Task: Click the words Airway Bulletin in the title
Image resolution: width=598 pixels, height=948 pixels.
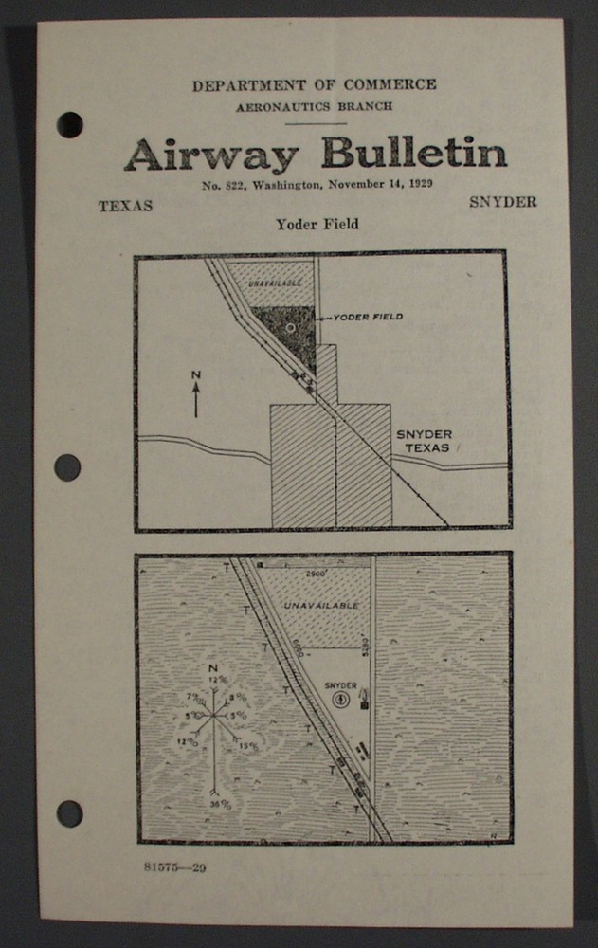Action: [x=315, y=154]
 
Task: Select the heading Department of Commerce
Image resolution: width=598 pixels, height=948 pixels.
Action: [x=315, y=85]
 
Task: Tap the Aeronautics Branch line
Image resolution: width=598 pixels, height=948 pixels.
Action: [x=315, y=107]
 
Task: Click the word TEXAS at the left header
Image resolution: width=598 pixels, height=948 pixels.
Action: [x=125, y=206]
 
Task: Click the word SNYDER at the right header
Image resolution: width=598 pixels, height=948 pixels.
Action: [x=502, y=202]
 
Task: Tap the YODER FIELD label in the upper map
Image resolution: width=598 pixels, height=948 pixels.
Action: [x=366, y=317]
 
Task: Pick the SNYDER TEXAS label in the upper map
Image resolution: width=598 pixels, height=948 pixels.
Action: [x=424, y=440]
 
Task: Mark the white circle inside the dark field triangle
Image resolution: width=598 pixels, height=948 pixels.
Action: [x=291, y=327]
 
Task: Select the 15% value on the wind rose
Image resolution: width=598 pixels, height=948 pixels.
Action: [x=248, y=746]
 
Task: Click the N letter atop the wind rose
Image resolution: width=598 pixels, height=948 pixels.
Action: [x=212, y=667]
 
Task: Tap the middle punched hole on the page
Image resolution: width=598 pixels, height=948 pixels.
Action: [x=67, y=467]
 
